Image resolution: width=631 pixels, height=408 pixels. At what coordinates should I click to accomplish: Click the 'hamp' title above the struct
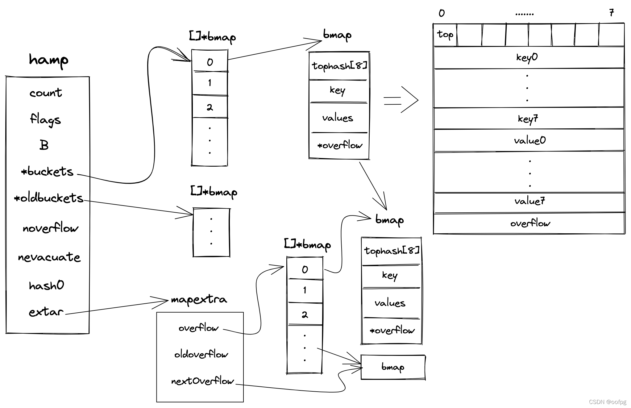click(x=48, y=60)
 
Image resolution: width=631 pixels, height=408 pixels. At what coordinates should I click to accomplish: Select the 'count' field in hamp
click(x=46, y=93)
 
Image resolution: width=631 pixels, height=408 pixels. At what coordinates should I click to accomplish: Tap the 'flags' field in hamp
click(x=45, y=119)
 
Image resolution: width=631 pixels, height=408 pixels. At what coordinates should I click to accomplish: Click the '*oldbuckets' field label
click(x=49, y=198)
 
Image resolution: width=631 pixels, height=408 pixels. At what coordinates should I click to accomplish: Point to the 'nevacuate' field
click(x=49, y=257)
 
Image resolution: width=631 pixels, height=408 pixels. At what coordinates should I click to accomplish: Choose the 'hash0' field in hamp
click(x=46, y=285)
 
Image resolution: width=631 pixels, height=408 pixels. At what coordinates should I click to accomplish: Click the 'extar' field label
click(x=46, y=312)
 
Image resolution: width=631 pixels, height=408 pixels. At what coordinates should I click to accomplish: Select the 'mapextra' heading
click(x=199, y=299)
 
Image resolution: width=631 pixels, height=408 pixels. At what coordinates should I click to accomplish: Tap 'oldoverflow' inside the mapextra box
click(x=201, y=354)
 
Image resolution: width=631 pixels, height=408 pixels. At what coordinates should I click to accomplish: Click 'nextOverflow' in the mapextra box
click(x=202, y=381)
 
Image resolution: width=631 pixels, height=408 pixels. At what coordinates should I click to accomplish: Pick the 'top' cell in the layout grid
click(x=445, y=35)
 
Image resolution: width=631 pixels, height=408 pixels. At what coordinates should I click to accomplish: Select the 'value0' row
click(x=529, y=141)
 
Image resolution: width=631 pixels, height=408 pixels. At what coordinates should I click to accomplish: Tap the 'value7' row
click(x=529, y=201)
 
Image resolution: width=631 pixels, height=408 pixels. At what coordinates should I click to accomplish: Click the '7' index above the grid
click(x=611, y=13)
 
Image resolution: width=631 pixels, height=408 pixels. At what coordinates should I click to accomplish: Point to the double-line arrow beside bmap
click(x=401, y=100)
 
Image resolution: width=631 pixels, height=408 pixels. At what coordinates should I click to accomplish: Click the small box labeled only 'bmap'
click(x=393, y=367)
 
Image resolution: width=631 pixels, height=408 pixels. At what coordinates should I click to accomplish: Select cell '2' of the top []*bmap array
click(x=210, y=107)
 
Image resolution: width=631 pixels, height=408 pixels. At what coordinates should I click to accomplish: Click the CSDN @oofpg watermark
click(x=607, y=402)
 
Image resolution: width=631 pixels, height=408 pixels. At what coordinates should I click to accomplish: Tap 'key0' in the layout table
click(x=527, y=57)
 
